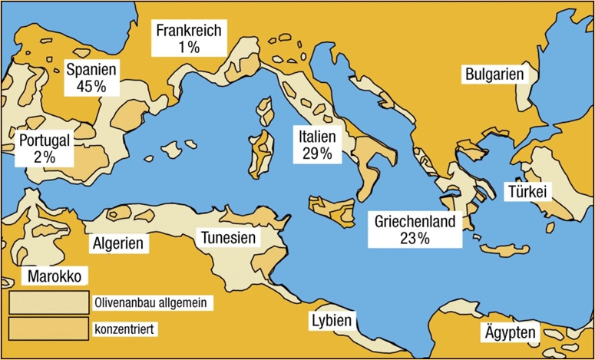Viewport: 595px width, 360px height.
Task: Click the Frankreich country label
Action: point(188,31)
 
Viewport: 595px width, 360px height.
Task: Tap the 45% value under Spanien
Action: point(91,86)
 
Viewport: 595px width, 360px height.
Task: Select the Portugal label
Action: point(45,140)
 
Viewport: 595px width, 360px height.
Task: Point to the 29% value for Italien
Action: point(316,154)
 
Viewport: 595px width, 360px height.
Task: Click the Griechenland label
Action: point(415,222)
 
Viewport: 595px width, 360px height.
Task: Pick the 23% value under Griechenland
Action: point(415,238)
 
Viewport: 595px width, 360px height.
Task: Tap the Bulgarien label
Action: point(494,74)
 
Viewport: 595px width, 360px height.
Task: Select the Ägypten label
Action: point(511,334)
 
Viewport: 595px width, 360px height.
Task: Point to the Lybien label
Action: point(331,320)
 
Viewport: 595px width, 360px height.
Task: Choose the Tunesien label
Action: point(228,238)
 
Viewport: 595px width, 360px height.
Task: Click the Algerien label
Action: point(118,243)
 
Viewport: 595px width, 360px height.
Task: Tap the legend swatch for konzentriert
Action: point(48,328)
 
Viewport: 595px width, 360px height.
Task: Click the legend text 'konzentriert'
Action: point(124,329)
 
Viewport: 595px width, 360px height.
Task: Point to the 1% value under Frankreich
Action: point(188,47)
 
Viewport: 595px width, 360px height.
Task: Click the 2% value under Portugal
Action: point(45,157)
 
